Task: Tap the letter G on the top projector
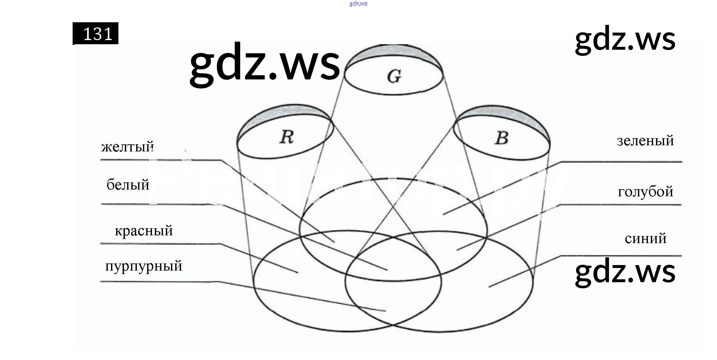[394, 77]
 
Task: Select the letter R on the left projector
[287, 137]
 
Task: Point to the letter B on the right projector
[501, 138]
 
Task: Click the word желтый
[127, 147]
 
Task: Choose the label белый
[128, 185]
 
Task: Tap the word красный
[144, 231]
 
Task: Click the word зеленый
[645, 141]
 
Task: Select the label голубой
[645, 192]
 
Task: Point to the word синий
[645, 239]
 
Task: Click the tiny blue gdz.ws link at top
[358, 4]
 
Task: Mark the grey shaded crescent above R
[284, 113]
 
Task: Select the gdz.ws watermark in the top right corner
[625, 39]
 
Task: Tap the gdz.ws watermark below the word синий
[625, 272]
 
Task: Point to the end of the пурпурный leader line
[386, 311]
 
